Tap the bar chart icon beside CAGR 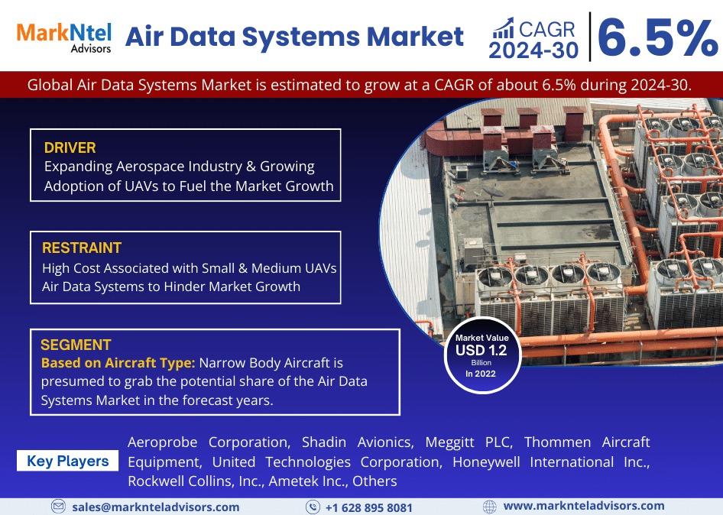tap(503, 28)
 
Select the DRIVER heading tap(70, 148)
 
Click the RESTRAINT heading tap(82, 248)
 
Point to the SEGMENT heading tap(76, 345)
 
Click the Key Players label tap(68, 461)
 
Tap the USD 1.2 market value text tap(481, 351)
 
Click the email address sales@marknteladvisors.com tap(156, 507)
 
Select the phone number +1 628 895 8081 tap(369, 507)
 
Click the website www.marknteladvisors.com tap(584, 507)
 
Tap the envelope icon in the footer tap(58, 507)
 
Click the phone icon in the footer tap(313, 507)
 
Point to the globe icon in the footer tap(489, 507)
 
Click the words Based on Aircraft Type tap(118, 363)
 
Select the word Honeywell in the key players tap(486, 462)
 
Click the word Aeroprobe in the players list tap(162, 442)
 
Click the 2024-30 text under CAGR tap(533, 50)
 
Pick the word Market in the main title tap(415, 37)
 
